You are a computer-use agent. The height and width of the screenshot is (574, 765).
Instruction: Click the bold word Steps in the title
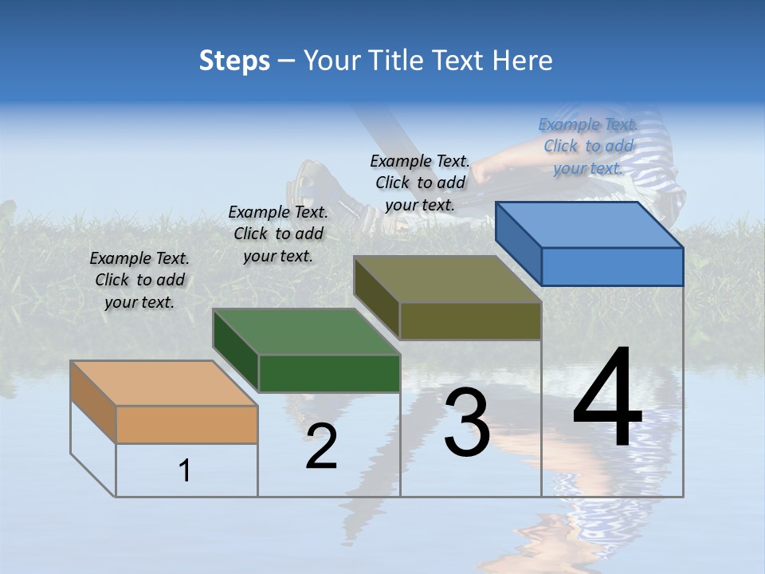coord(234,61)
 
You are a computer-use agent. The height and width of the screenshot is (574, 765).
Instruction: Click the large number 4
coord(607,399)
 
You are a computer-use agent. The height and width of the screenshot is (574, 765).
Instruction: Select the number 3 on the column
coord(467,423)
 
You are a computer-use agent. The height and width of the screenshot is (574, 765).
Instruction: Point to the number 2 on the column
coord(321,447)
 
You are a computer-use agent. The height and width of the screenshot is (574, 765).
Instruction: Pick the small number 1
coord(185,471)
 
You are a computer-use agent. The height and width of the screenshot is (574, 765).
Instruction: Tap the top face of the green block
coord(306,332)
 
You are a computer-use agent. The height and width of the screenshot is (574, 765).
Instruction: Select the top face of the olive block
coord(448,279)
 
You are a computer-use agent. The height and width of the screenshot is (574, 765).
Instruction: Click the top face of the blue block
coord(590,225)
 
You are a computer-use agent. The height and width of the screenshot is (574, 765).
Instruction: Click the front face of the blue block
coord(612,266)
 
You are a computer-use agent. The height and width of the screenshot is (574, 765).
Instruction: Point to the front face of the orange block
coord(186,424)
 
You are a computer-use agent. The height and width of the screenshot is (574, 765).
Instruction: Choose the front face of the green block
coord(329,373)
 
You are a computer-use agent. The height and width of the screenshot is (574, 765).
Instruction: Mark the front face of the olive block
coord(470,320)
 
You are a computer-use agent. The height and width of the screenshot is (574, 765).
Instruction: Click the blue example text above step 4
coord(588,146)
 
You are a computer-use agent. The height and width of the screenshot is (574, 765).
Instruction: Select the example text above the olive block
coord(420,183)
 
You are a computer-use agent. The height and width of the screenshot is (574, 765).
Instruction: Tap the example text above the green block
coord(278,234)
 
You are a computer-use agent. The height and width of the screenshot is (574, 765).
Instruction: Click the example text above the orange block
coord(139,280)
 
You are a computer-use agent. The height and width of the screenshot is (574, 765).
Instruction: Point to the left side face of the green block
coord(236,350)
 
